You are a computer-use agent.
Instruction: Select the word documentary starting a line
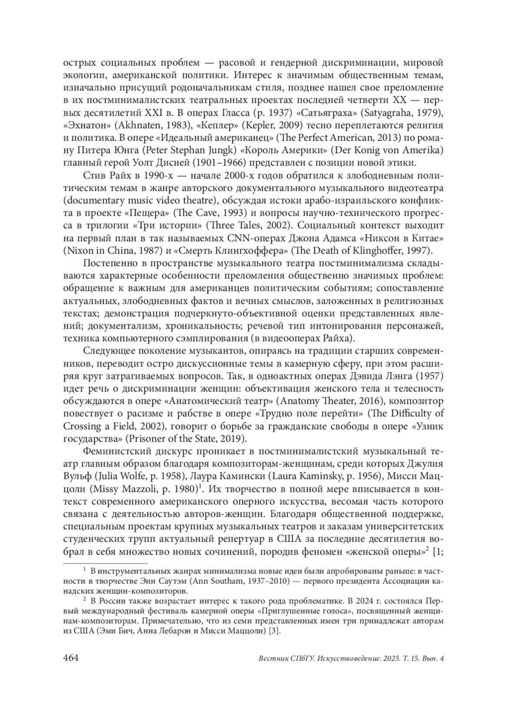coord(92,200)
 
